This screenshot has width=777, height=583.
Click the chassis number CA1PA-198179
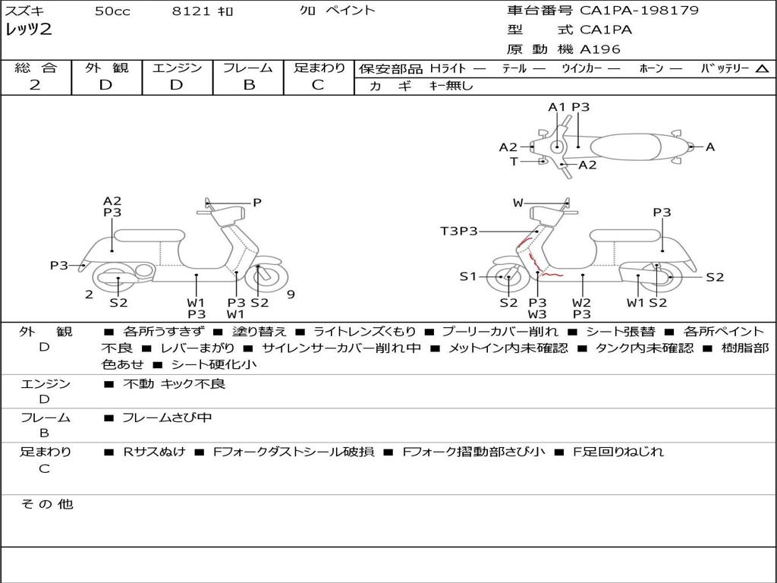point(639,11)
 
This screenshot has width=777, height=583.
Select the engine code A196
point(600,49)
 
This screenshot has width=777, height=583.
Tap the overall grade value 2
point(36,85)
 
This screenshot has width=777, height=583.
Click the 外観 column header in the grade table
point(106,68)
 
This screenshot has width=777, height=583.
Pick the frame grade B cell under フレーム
point(248,85)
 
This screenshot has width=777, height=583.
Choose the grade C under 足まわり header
point(318,85)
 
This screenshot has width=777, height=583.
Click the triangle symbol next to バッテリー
point(762,69)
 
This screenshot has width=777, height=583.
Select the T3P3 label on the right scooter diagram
point(459,231)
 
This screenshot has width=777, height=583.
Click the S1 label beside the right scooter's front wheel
point(467,276)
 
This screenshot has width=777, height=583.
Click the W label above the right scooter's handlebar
point(518,203)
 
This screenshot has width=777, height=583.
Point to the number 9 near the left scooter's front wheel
point(290,295)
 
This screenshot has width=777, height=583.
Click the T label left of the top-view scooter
point(514,162)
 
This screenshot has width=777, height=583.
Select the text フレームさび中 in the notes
point(167,418)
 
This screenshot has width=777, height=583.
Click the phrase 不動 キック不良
point(174,384)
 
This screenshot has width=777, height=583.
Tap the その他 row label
point(46,504)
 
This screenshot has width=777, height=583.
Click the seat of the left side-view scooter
point(150,235)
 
